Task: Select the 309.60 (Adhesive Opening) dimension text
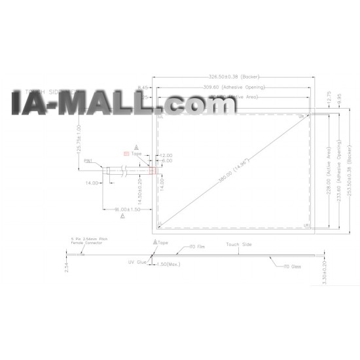[x=231, y=87]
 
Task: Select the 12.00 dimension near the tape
[x=166, y=156]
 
